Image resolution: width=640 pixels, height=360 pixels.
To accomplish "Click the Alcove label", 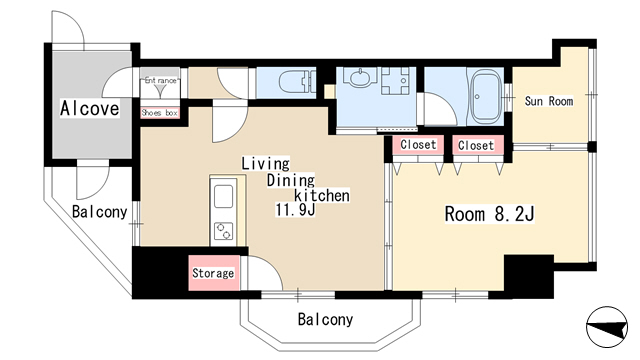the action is pyautogui.click(x=90, y=108).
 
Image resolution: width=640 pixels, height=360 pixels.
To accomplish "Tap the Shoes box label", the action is pyautogui.click(x=160, y=113).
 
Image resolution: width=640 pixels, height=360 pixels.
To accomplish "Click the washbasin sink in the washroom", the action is pyautogui.click(x=360, y=77).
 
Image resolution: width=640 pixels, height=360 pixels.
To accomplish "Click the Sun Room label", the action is pyautogui.click(x=549, y=101).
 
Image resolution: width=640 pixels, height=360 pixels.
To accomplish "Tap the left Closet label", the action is pyautogui.click(x=418, y=144).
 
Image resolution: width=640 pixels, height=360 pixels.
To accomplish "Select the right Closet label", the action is pyautogui.click(x=476, y=145).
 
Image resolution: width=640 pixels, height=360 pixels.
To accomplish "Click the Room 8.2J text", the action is pyautogui.click(x=489, y=214).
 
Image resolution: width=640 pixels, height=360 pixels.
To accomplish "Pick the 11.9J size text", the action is pyautogui.click(x=296, y=210).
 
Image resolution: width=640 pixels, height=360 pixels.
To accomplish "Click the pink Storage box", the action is pyautogui.click(x=214, y=273).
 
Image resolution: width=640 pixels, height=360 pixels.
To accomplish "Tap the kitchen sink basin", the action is pyautogui.click(x=223, y=196).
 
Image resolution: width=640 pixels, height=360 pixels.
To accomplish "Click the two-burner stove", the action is pyautogui.click(x=223, y=231).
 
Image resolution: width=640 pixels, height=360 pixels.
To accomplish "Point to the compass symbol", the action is pyautogui.click(x=607, y=327).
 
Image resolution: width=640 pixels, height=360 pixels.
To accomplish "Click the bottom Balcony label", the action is pyautogui.click(x=325, y=319).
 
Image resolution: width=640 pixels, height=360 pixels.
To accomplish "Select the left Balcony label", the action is pyautogui.click(x=100, y=212).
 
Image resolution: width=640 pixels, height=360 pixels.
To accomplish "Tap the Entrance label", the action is pyautogui.click(x=161, y=80).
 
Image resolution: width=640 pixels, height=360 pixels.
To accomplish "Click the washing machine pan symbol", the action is pyautogui.click(x=395, y=80).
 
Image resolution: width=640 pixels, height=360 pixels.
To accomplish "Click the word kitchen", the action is pyautogui.click(x=322, y=196).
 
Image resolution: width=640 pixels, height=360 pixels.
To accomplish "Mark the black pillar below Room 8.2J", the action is pyautogui.click(x=529, y=276).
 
